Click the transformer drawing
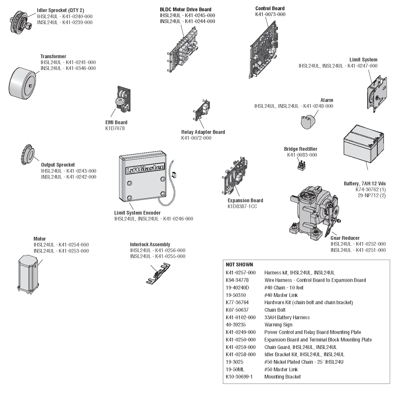[x=23, y=83]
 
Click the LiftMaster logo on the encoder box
[x=145, y=170]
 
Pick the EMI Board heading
[x=116, y=122]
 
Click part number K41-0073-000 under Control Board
[x=270, y=14]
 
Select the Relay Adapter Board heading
[x=203, y=132]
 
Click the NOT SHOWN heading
[x=239, y=265]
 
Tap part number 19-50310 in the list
[x=236, y=295]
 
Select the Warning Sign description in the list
[x=278, y=325]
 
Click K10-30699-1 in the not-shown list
[x=239, y=377]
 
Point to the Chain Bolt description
[x=275, y=310]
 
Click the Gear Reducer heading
[x=345, y=238]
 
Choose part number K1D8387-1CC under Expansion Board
[x=242, y=207]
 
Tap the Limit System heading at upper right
[x=363, y=60]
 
